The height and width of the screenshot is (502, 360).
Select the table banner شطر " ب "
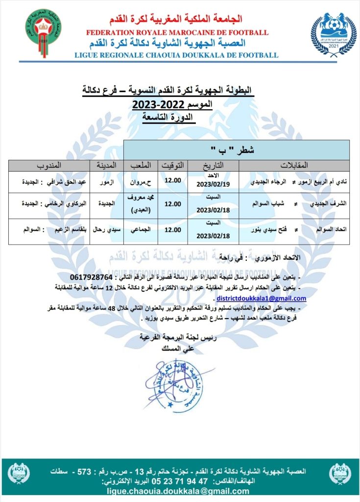pos(236,149)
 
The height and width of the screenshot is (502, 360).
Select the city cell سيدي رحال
pos(104,228)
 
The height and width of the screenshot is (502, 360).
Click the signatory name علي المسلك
pos(177,349)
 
